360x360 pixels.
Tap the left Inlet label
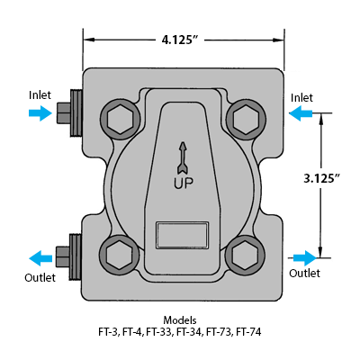click(40, 94)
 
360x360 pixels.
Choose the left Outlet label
click(40, 277)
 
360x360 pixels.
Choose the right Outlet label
click(304, 273)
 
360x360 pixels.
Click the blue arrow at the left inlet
click(40, 113)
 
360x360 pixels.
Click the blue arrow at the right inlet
click(302, 113)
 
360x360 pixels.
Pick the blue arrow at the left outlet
click(40, 255)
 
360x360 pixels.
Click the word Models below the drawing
click(180, 320)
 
